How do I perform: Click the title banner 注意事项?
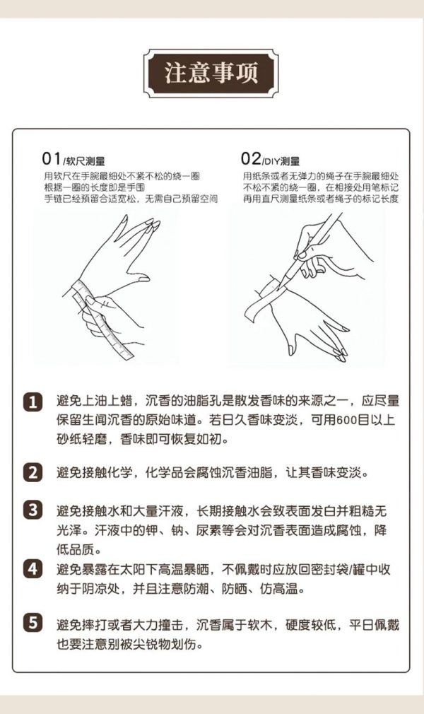click(211, 73)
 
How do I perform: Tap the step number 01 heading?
click(53, 158)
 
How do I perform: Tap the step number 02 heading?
click(251, 158)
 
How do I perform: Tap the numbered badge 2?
click(33, 472)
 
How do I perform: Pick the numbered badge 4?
click(33, 568)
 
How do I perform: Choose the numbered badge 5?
click(33, 624)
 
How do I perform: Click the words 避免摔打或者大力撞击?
click(119, 625)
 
